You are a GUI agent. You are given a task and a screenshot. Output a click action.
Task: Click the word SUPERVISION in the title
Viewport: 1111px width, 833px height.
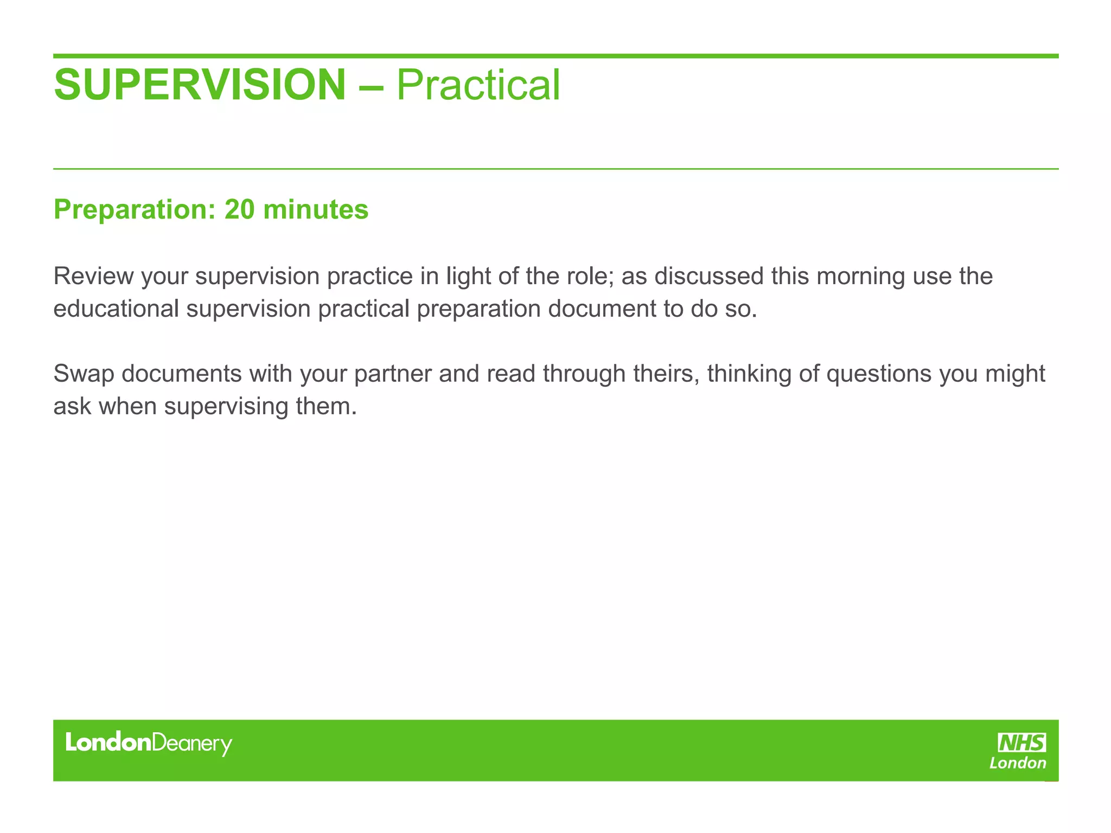point(200,85)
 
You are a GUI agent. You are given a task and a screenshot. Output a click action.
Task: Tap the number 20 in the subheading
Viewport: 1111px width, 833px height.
point(239,209)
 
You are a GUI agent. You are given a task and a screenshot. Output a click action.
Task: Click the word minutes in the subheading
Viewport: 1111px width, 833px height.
point(316,209)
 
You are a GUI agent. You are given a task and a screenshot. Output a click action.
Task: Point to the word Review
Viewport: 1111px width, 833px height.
point(93,276)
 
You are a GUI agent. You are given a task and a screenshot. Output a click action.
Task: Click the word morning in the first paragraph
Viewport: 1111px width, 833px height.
point(860,277)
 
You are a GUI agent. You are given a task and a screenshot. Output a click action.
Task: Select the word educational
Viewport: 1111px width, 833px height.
point(116,309)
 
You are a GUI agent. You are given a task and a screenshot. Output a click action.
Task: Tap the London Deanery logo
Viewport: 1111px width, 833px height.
point(149,744)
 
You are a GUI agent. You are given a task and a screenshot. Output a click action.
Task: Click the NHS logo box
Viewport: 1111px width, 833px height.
point(1022,742)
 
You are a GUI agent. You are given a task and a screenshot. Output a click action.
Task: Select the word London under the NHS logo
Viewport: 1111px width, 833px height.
point(1018,764)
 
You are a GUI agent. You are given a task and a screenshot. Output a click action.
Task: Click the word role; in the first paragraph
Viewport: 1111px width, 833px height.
point(592,276)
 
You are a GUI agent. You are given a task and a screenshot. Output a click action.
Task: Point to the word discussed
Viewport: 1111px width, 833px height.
point(708,276)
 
